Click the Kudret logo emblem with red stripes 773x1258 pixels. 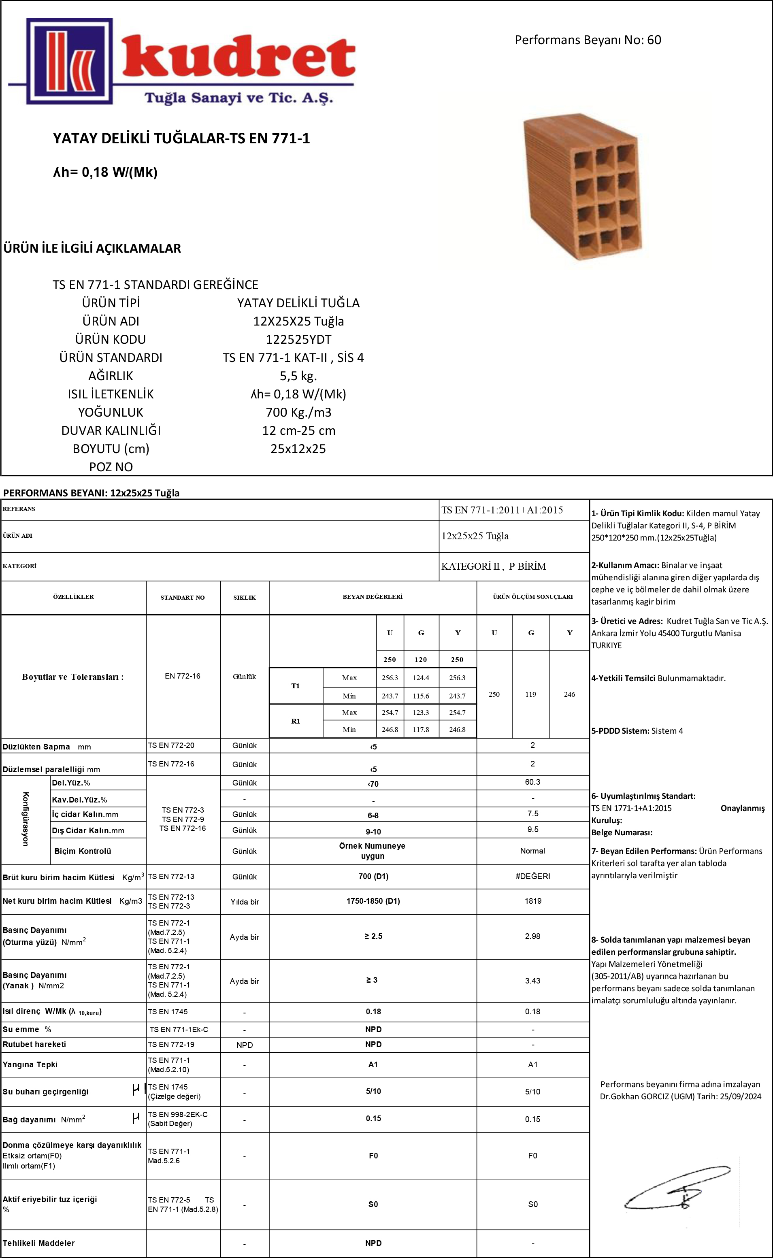68,61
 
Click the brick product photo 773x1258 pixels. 583,187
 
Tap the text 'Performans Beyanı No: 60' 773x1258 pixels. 588,40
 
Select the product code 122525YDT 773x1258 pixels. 298,339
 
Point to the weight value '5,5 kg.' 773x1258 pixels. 298,376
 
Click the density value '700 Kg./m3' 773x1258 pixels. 298,412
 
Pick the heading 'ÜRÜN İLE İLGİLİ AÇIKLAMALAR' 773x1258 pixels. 92,249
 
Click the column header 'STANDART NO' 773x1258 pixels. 183,597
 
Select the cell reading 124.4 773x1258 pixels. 421,678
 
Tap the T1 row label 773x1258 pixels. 296,686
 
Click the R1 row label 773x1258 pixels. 296,721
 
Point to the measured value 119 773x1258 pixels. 531,694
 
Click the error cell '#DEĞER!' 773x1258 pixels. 533,876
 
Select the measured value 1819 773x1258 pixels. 533,901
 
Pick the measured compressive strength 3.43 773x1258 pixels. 533,981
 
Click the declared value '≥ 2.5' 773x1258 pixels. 373,936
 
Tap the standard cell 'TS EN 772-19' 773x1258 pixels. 171,1044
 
